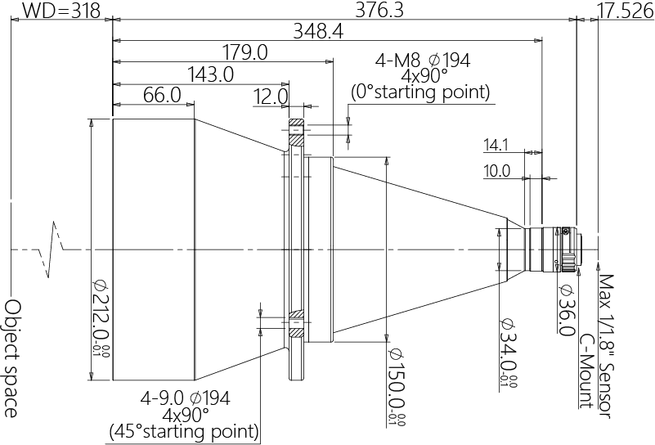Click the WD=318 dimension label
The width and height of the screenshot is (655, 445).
coord(61,11)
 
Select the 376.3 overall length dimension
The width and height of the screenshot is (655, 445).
coord(379,10)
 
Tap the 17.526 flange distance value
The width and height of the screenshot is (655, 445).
coord(626,11)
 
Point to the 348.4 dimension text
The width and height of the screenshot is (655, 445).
coord(318,31)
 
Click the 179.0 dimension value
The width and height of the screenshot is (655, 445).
coord(245,53)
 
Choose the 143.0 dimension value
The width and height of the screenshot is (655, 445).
coord(210,74)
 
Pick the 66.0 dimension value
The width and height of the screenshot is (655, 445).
coord(162,95)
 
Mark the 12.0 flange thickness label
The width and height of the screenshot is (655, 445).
coord(271,97)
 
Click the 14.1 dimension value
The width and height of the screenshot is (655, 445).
coord(496,146)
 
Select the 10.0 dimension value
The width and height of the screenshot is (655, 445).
coord(497,171)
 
